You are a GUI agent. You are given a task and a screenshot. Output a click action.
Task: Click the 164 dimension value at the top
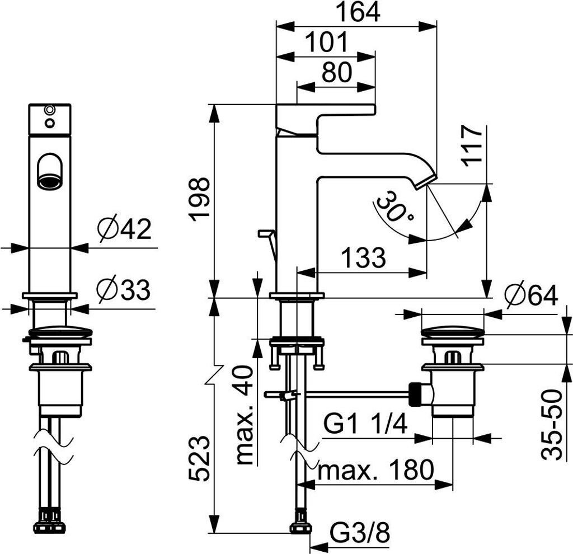click(x=358, y=12)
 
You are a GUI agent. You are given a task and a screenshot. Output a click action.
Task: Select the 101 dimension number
click(x=326, y=43)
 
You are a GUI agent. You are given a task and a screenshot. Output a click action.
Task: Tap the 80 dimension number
click(x=336, y=72)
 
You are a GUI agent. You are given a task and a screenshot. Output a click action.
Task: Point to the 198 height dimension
click(x=200, y=200)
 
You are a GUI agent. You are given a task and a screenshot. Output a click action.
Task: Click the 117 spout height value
click(x=472, y=146)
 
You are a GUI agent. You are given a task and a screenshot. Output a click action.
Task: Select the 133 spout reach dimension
click(x=363, y=257)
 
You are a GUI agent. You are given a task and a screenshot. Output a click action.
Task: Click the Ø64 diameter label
click(x=532, y=295)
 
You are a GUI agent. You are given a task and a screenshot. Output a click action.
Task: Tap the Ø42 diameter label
click(x=124, y=229)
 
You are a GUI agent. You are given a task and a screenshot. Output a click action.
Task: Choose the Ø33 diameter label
click(x=124, y=290)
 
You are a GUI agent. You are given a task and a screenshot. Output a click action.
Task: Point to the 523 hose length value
click(x=200, y=459)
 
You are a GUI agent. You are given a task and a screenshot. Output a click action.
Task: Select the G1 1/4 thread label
click(x=365, y=425)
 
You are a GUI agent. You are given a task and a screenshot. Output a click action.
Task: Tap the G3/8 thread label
click(x=360, y=533)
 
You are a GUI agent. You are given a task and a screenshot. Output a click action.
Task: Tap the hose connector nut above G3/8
click(x=301, y=525)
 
